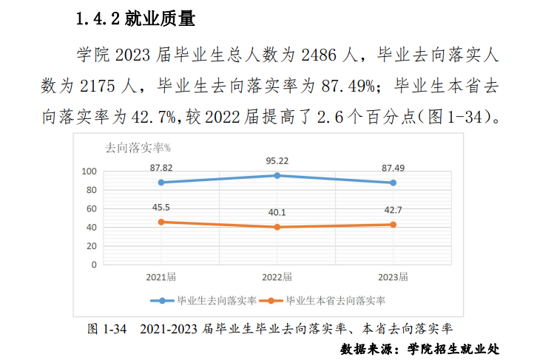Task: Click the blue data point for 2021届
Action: click(161, 182)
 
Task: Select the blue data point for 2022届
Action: click(277, 175)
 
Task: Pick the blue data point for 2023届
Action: click(393, 183)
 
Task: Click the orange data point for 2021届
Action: click(161, 222)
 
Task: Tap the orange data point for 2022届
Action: click(277, 227)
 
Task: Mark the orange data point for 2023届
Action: click(393, 224)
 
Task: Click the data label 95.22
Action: click(277, 160)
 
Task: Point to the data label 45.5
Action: click(161, 207)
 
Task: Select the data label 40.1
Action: click(277, 212)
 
